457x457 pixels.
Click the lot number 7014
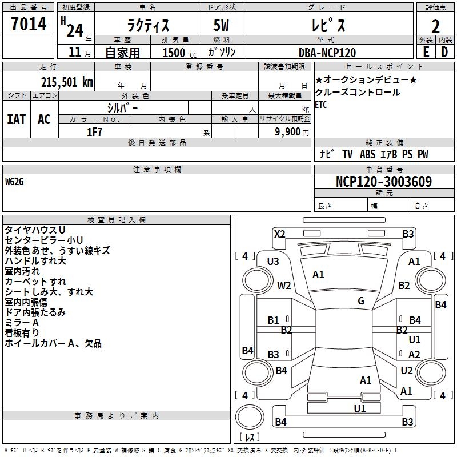pyautogui.click(x=29, y=25)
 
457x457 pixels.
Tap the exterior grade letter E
pyautogui.click(x=426, y=52)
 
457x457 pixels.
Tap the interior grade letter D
pyautogui.click(x=444, y=52)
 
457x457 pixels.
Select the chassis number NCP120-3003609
pyautogui.click(x=383, y=182)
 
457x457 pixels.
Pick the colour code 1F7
pyautogui.click(x=94, y=131)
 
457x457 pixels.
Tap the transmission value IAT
pyautogui.click(x=16, y=119)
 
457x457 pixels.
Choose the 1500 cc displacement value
pyautogui.click(x=174, y=53)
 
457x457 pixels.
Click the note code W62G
pyautogui.click(x=17, y=182)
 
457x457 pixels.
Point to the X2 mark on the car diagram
pyautogui.click(x=279, y=234)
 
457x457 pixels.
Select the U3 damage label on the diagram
pyautogui.click(x=273, y=262)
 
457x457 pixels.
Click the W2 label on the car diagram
pyautogui.click(x=284, y=286)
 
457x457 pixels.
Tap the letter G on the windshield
pyautogui.click(x=360, y=301)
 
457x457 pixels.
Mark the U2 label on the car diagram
pyautogui.click(x=406, y=371)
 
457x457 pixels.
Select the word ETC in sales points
pyautogui.click(x=322, y=105)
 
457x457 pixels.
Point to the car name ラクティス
pyautogui.click(x=148, y=26)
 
